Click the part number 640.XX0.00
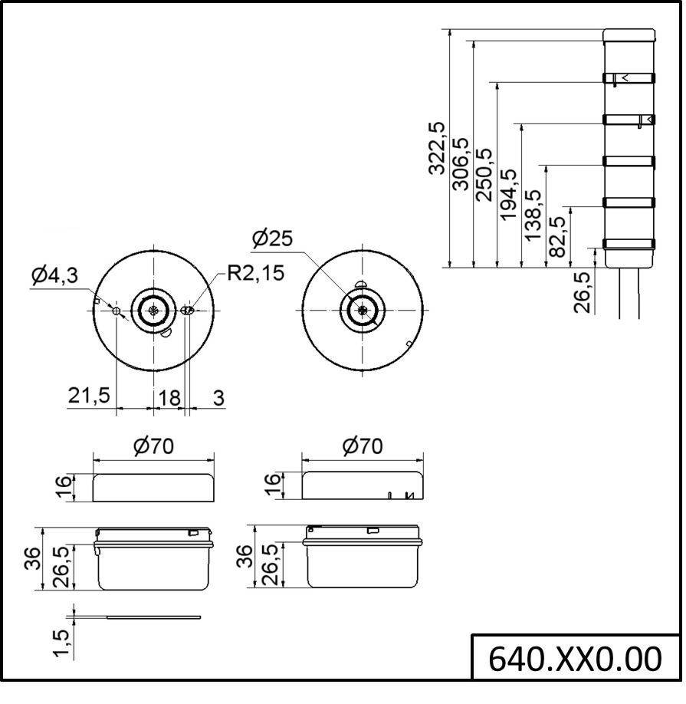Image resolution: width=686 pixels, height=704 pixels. pyautogui.click(x=575, y=658)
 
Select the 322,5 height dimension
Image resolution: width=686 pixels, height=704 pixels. pyautogui.click(x=437, y=148)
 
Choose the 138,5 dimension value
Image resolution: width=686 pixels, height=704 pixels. pyautogui.click(x=532, y=215)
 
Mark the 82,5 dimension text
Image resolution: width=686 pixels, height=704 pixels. pyautogui.click(x=556, y=236)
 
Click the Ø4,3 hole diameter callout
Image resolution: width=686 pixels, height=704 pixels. pyautogui.click(x=55, y=275)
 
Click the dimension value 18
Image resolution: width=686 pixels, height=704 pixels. pyautogui.click(x=169, y=396)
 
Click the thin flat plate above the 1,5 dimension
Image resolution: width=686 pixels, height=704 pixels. pyautogui.click(x=153, y=617)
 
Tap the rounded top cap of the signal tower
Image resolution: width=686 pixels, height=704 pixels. pyautogui.click(x=629, y=35)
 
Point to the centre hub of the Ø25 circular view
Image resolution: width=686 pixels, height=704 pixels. pyautogui.click(x=363, y=310)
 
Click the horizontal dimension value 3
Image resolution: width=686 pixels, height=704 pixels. pyautogui.click(x=218, y=396)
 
